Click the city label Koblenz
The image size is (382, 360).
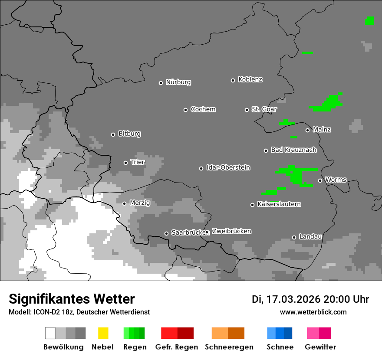250,79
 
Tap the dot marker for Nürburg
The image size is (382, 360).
161,83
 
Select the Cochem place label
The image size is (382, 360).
203,109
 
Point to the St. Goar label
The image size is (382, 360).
264,109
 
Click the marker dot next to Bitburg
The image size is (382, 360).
113,134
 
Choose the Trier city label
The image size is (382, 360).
138,162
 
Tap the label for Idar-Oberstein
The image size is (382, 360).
228,167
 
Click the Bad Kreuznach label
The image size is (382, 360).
293,150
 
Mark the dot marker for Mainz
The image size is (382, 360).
307,130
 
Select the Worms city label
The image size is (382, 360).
336,180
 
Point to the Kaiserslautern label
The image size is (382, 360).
279,204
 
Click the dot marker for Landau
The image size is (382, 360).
294,237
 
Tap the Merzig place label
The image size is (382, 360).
139,203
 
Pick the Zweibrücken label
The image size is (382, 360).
231,231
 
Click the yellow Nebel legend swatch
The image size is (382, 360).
103,333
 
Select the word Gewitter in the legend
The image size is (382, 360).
320,347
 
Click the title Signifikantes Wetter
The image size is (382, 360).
72,299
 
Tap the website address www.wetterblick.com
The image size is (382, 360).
313,312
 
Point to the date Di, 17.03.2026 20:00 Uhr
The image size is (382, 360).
310,299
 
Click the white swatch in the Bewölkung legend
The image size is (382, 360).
50,333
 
